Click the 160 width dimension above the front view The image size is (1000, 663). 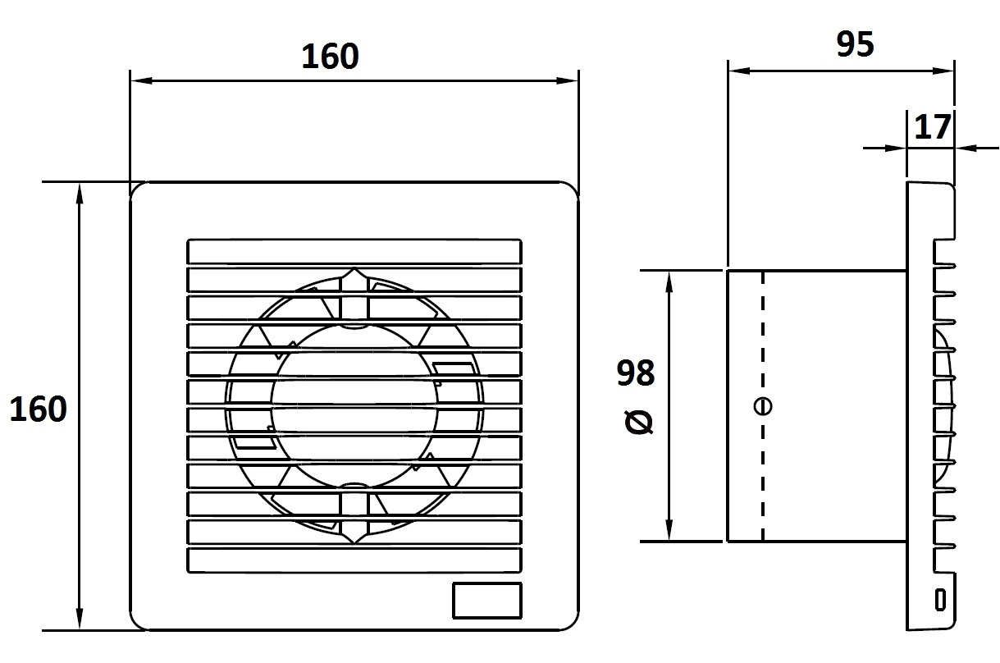coord(330,57)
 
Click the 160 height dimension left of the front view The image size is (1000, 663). coord(39,409)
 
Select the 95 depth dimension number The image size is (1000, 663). coord(855,44)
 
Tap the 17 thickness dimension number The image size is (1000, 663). coord(933,127)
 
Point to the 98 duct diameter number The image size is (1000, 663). coord(636,373)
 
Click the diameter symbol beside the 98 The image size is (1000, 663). coord(639,423)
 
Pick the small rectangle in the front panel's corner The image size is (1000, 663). coord(487,601)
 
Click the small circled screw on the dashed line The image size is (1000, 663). coord(762,406)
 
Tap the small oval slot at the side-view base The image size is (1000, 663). coord(940,600)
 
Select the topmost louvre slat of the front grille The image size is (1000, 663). coord(354,252)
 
